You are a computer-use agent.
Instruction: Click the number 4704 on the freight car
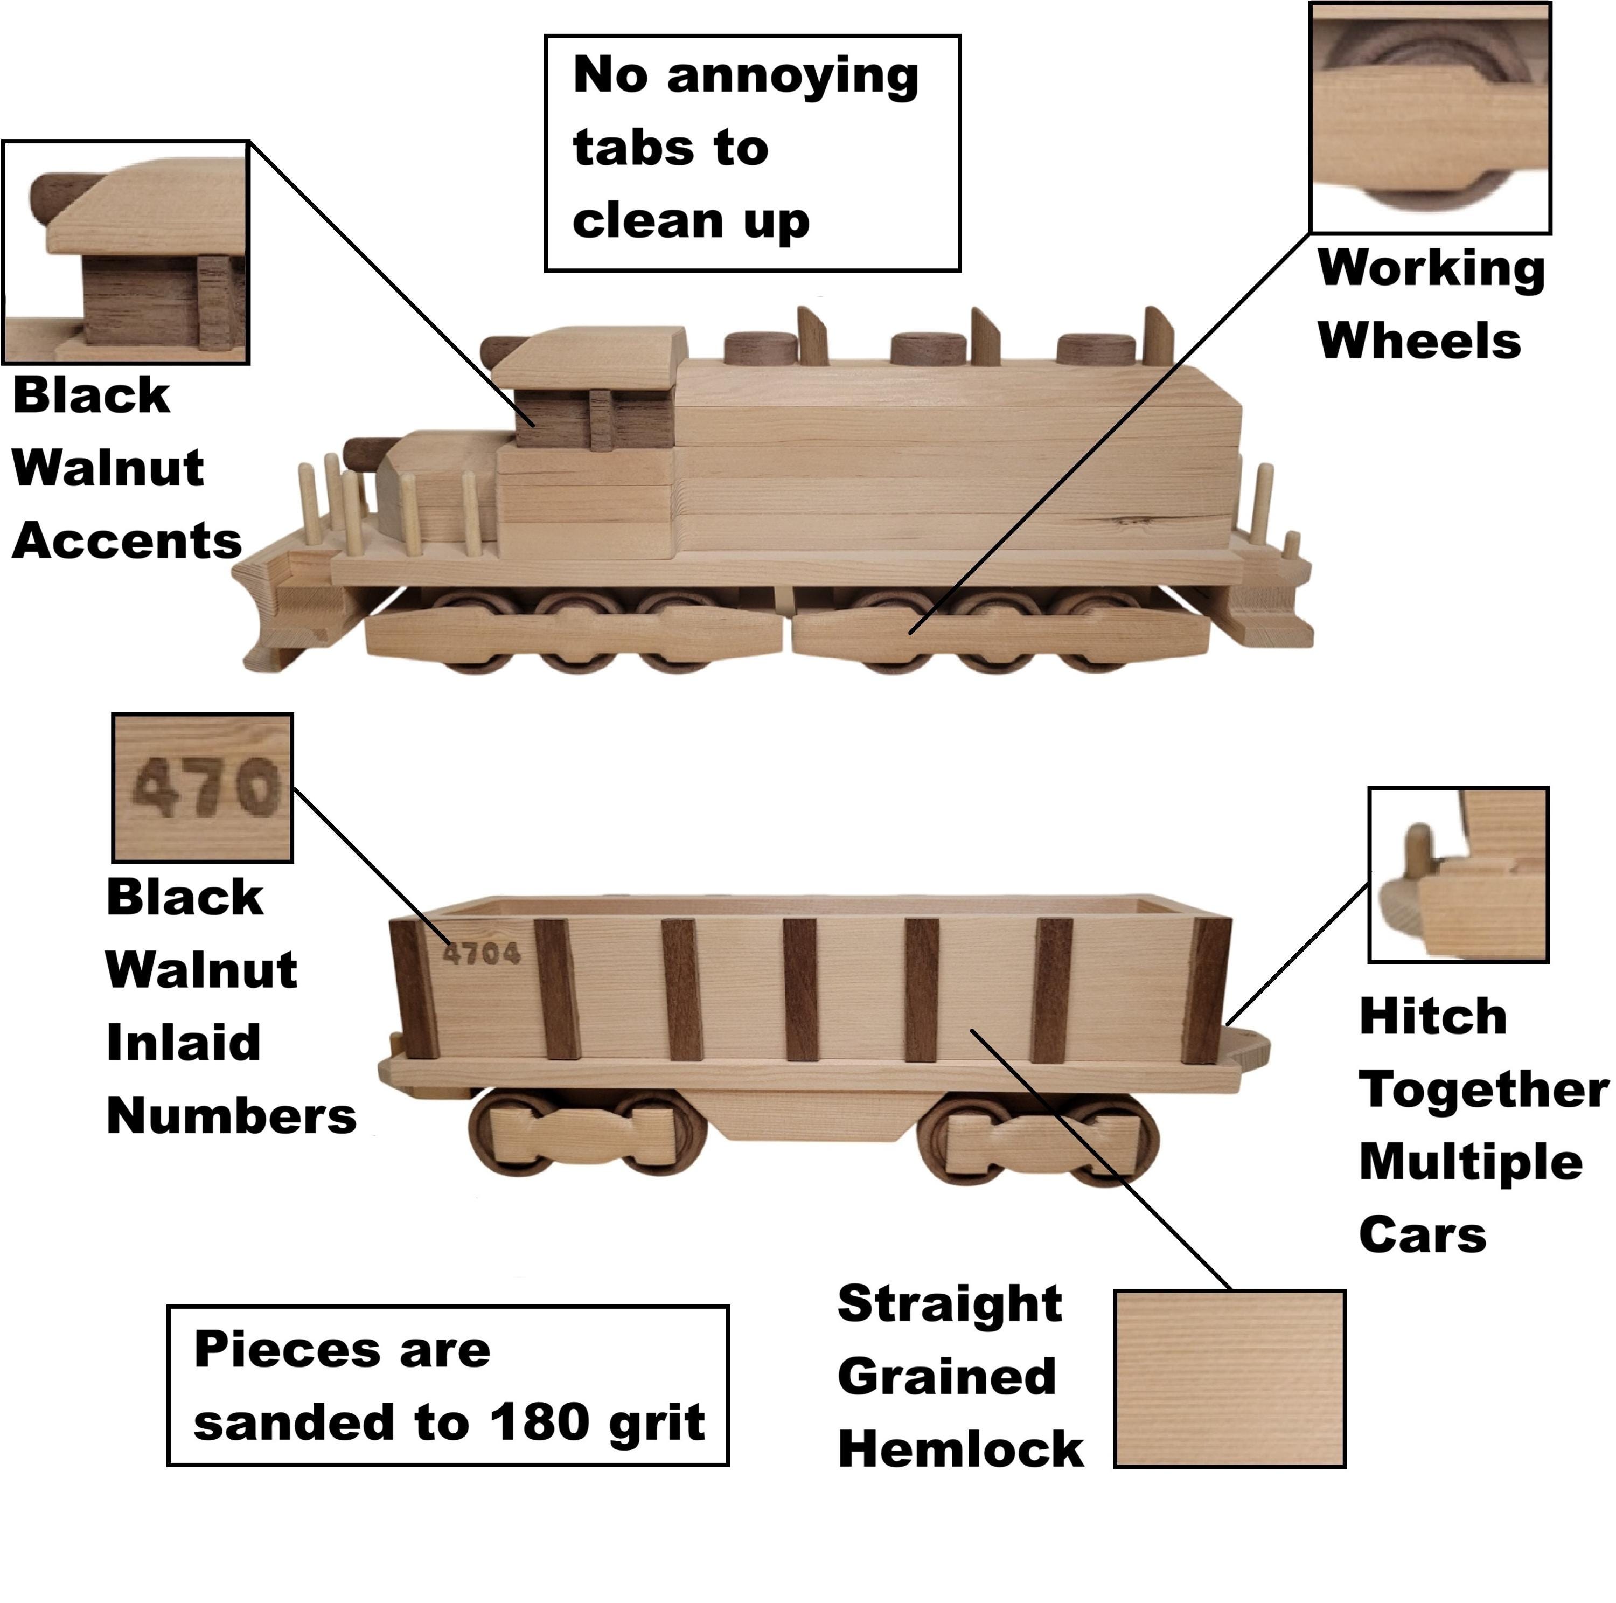click(481, 953)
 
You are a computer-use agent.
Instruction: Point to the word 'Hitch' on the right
click(1433, 1017)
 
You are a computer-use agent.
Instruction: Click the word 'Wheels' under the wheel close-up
click(1419, 342)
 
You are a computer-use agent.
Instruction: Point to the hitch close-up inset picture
click(1459, 875)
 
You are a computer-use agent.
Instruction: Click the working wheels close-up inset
click(1430, 116)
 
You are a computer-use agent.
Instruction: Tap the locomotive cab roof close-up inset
click(126, 252)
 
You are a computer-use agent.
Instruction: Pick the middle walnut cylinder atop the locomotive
click(929, 348)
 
